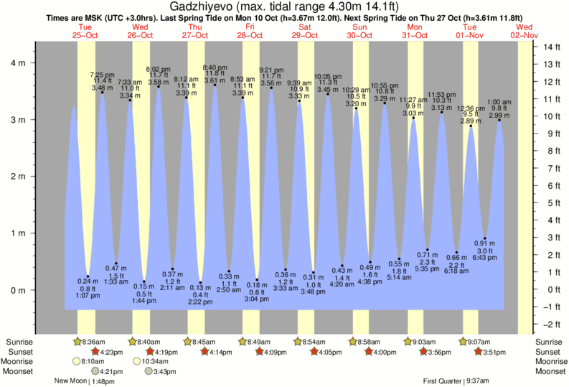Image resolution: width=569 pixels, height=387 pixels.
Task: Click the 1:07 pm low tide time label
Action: coord(88,295)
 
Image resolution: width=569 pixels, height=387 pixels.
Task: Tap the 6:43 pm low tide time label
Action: coord(485,257)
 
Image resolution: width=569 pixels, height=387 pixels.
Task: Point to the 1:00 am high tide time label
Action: coord(499,102)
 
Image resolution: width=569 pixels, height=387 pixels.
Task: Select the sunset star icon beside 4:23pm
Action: coord(94,352)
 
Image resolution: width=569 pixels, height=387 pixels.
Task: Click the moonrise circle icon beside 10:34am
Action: coord(136,361)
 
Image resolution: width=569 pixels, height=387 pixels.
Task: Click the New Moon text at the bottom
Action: coord(71,381)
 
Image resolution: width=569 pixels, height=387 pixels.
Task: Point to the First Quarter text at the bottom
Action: coord(442,381)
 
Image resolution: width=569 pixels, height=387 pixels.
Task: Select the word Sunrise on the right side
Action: coord(549,342)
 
